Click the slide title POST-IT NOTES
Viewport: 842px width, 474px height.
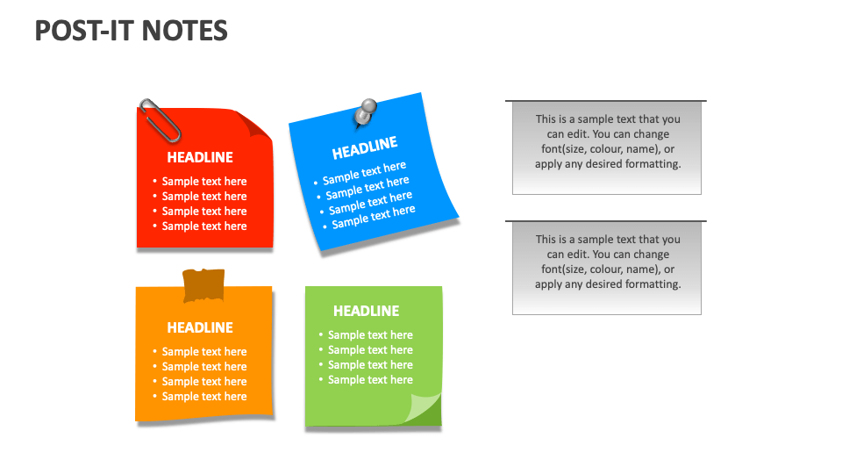click(x=132, y=31)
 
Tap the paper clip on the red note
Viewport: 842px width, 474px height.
click(x=160, y=120)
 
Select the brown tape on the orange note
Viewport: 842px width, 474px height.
click(x=203, y=285)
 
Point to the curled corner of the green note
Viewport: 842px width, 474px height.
click(x=425, y=409)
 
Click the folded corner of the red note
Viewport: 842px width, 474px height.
click(x=255, y=124)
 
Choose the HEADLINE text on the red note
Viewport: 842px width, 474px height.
click(x=200, y=158)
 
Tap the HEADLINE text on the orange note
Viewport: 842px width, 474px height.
click(x=200, y=328)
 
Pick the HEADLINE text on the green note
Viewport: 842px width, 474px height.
click(x=366, y=312)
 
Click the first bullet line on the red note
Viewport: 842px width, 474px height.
click(x=204, y=182)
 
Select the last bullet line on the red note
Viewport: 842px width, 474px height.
click(x=204, y=226)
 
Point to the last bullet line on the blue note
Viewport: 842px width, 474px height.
click(x=373, y=216)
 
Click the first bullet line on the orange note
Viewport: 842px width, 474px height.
click(x=204, y=352)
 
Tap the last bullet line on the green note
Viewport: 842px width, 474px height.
click(x=370, y=380)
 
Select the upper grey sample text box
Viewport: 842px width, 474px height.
click(x=607, y=147)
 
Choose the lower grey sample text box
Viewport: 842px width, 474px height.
click(x=607, y=267)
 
